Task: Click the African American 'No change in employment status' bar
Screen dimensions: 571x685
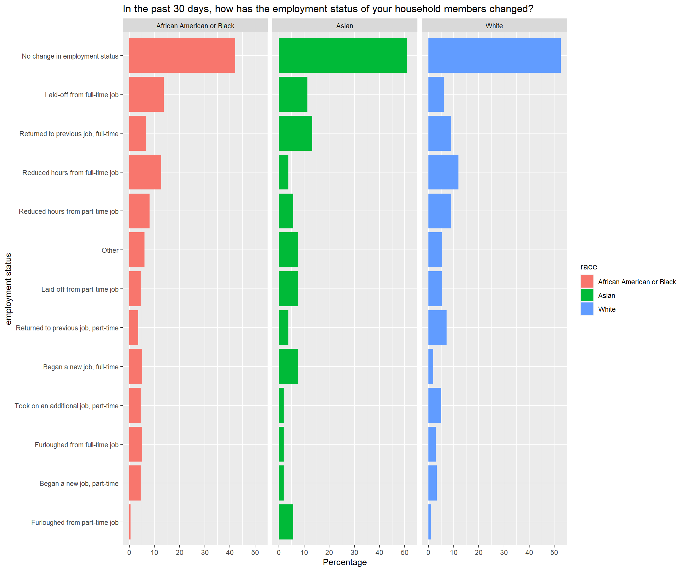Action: coord(182,56)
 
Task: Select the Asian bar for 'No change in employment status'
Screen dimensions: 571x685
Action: coord(342,56)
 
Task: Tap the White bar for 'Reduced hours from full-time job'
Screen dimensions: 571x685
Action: coord(443,172)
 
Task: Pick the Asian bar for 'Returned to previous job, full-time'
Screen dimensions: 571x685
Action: coord(295,133)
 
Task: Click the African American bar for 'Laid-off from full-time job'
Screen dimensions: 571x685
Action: coord(147,94)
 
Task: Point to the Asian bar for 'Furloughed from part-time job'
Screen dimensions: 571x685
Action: coord(286,522)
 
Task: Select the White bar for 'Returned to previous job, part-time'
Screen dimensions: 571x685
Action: coord(437,328)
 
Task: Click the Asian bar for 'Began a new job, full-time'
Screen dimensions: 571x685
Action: coord(288,366)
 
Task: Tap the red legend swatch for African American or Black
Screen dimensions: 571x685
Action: coord(587,281)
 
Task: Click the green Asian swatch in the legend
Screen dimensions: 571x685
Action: coord(587,295)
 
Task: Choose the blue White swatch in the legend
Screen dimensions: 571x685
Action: coord(587,309)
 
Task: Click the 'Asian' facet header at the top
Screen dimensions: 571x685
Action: coord(345,26)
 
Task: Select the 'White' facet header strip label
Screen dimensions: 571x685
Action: coord(494,26)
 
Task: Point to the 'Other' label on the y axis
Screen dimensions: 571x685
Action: coord(110,250)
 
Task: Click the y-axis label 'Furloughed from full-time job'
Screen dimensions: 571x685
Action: coord(77,445)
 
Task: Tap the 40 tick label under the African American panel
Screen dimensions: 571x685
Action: coord(230,552)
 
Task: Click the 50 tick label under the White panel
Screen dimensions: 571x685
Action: coord(554,552)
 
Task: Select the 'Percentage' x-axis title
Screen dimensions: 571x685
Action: coord(345,562)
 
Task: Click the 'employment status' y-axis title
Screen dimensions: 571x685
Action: coord(9,289)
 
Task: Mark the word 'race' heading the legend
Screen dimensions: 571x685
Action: coord(588,266)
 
